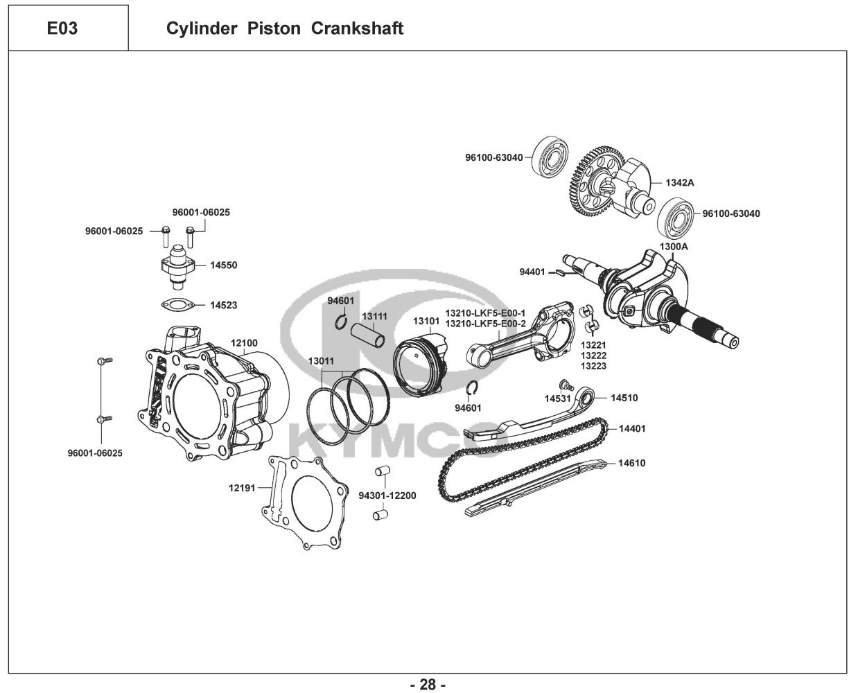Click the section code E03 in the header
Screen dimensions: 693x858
62,28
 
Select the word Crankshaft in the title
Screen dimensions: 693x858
358,28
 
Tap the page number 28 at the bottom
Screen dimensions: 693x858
428,685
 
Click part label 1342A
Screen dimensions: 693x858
680,183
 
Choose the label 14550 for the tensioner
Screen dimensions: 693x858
224,265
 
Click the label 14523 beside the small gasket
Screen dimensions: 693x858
224,304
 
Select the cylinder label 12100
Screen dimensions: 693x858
244,343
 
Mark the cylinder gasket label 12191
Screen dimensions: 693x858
242,488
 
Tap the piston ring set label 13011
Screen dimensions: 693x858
321,361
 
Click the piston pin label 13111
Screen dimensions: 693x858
375,316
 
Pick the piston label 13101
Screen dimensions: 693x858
426,322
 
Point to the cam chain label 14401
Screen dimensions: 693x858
631,428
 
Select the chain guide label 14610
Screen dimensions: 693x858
631,463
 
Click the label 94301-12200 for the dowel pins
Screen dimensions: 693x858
387,495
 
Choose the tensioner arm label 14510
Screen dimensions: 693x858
624,398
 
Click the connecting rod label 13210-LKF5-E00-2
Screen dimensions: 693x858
485,324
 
